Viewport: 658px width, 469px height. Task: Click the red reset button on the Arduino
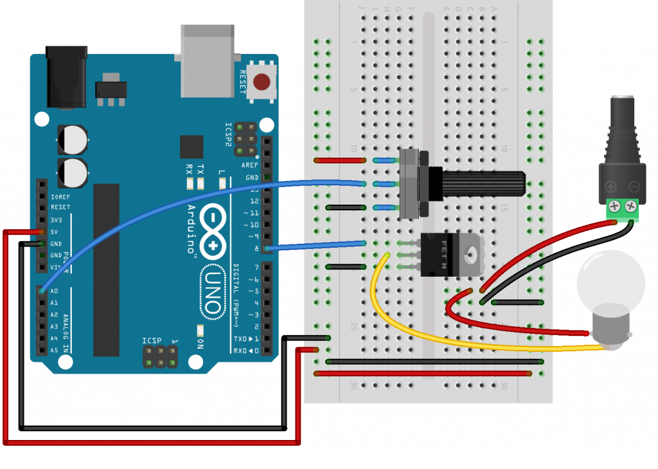click(262, 82)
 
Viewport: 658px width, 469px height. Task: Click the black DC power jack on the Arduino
click(66, 75)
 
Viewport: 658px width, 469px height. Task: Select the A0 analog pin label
click(54, 291)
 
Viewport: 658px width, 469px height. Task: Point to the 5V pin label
click(55, 232)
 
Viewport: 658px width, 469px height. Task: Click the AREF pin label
click(250, 165)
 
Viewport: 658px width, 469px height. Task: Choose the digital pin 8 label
click(256, 248)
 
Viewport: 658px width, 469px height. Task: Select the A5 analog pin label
click(54, 350)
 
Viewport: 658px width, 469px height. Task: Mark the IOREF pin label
click(60, 196)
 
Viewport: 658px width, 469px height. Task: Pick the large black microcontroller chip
click(106, 270)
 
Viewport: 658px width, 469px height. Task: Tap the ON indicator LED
click(200, 331)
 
